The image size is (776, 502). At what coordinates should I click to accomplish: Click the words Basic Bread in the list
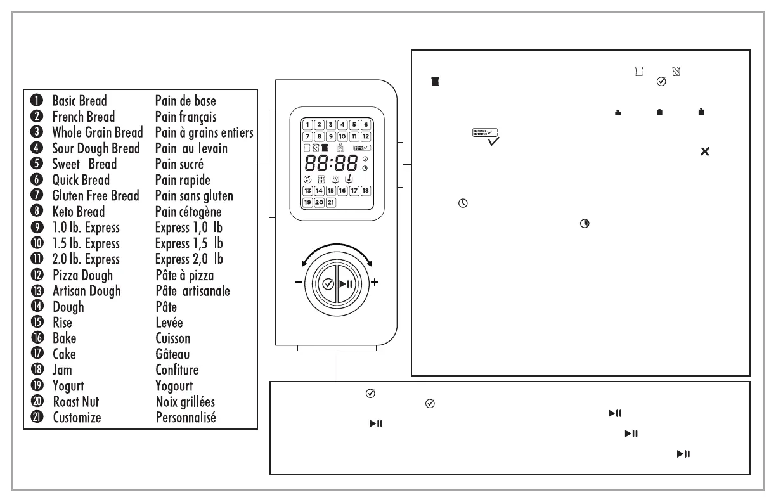pyautogui.click(x=79, y=101)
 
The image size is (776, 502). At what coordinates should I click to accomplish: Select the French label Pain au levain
pyautogui.click(x=191, y=148)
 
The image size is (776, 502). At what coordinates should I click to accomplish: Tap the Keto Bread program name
pyautogui.click(x=78, y=212)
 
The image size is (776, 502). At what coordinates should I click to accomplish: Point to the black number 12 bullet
pyautogui.click(x=36, y=275)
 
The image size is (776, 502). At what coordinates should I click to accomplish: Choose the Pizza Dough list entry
pyautogui.click(x=82, y=275)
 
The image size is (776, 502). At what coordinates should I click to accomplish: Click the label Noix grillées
pyautogui.click(x=185, y=402)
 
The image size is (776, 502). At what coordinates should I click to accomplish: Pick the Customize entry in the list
pyautogui.click(x=77, y=418)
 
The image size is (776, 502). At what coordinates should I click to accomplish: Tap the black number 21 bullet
pyautogui.click(x=36, y=418)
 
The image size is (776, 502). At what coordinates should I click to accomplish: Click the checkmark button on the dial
pyautogui.click(x=328, y=284)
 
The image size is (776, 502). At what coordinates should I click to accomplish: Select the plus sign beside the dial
pyautogui.click(x=375, y=283)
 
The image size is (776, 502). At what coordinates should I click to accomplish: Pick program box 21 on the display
pyautogui.click(x=330, y=202)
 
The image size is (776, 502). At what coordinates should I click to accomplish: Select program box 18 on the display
pyautogui.click(x=365, y=191)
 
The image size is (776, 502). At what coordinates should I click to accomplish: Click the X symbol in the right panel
pyautogui.click(x=704, y=152)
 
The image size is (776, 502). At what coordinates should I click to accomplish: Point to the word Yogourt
pyautogui.click(x=174, y=386)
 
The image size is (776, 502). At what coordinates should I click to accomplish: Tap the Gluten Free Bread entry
pyautogui.click(x=95, y=196)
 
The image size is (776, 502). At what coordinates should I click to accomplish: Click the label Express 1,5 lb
pyautogui.click(x=189, y=243)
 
